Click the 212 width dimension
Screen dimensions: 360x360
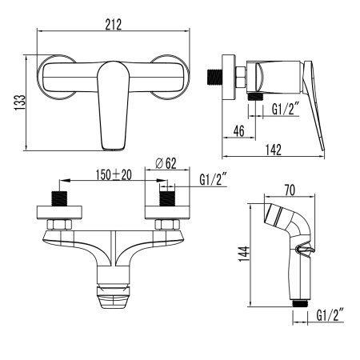coord(113,25)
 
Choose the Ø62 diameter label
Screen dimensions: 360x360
coord(166,162)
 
